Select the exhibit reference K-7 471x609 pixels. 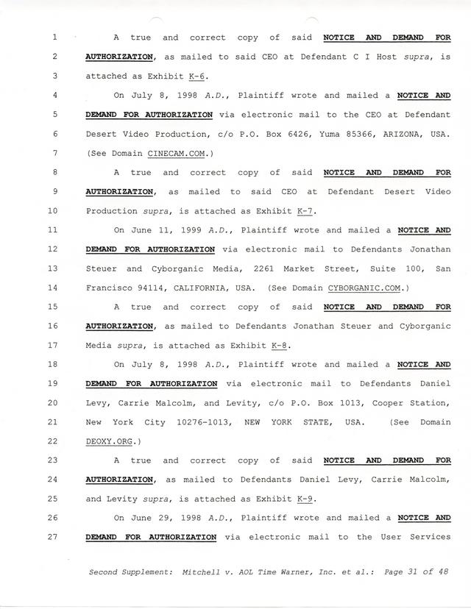(x=305, y=211)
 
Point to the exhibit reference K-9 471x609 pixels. (x=305, y=499)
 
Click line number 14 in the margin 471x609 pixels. (x=57, y=288)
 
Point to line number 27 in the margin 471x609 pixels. (x=57, y=537)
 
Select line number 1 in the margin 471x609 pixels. (x=54, y=38)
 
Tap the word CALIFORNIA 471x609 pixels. (x=191, y=288)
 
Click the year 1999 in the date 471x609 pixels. (x=181, y=230)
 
